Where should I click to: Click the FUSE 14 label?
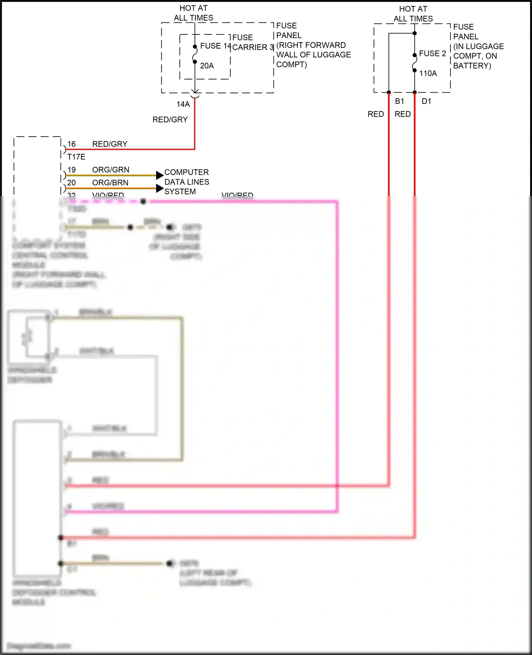pyautogui.click(x=215, y=46)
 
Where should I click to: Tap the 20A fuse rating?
pyautogui.click(x=207, y=66)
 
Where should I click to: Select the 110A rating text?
pyautogui.click(x=428, y=73)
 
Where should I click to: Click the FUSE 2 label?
pyautogui.click(x=432, y=54)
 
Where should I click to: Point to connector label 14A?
pyautogui.click(x=183, y=104)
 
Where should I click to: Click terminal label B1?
pyautogui.click(x=399, y=101)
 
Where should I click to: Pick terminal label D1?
pyautogui.click(x=426, y=101)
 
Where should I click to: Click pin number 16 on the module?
pyautogui.click(x=71, y=144)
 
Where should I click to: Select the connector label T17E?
pyautogui.click(x=76, y=157)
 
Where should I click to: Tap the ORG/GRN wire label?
pyautogui.click(x=111, y=170)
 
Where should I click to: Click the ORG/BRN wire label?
pyautogui.click(x=110, y=183)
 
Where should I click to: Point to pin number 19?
pyautogui.click(x=71, y=170)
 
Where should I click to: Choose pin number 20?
pyautogui.click(x=71, y=183)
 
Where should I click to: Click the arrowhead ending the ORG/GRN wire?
pyautogui.click(x=160, y=175)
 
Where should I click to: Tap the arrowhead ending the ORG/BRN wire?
pyautogui.click(x=160, y=188)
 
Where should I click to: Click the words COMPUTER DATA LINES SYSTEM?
pyautogui.click(x=187, y=182)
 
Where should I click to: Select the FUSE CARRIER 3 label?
pyautogui.click(x=253, y=43)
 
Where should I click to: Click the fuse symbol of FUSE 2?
pyautogui.click(x=414, y=63)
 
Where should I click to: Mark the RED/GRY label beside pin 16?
pyautogui.click(x=110, y=144)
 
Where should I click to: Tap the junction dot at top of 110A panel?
pyautogui.click(x=415, y=33)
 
